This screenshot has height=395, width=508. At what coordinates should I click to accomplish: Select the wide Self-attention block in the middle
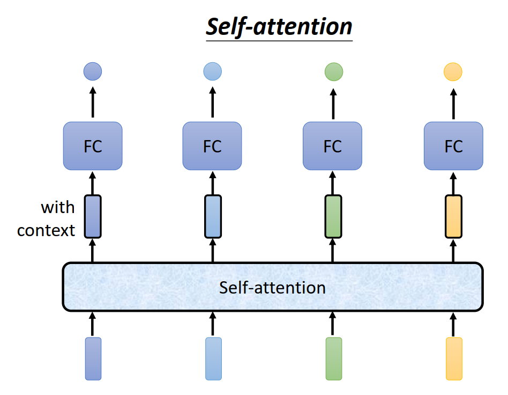(273, 287)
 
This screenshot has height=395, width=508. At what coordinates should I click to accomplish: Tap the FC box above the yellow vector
(453, 146)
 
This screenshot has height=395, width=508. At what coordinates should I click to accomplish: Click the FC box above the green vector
(332, 146)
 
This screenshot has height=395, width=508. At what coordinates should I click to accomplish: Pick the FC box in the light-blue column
(212, 146)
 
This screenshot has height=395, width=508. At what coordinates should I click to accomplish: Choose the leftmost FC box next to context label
(93, 146)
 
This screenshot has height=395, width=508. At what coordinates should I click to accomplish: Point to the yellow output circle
(453, 71)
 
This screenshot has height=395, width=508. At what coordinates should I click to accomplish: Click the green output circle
(334, 71)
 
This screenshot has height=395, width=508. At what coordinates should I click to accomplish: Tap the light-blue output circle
(212, 71)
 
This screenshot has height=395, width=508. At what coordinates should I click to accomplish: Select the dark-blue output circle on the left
(93, 71)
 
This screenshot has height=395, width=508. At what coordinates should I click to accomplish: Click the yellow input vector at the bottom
(453, 359)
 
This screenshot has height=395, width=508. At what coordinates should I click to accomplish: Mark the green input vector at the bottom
(333, 359)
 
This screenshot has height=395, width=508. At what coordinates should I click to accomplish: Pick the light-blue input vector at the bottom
(213, 359)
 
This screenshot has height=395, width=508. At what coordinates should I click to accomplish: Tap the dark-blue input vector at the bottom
(93, 359)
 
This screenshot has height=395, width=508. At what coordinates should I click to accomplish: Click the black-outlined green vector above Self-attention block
(333, 217)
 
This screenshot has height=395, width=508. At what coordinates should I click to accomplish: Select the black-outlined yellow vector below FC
(453, 217)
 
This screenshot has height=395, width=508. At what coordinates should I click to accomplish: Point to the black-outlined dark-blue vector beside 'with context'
(93, 217)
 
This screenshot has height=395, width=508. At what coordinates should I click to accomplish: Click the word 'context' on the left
(46, 230)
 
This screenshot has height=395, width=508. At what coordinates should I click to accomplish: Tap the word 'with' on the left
(58, 207)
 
